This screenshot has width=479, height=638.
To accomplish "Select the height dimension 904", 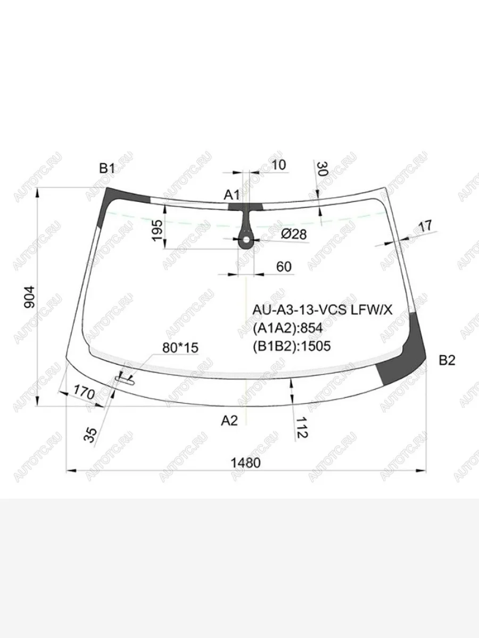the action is pyautogui.click(x=29, y=297).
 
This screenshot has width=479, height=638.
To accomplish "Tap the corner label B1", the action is pyautogui.click(x=108, y=169).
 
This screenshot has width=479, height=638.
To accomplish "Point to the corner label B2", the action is pyautogui.click(x=447, y=360).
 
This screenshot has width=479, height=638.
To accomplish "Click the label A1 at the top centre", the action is pyautogui.click(x=232, y=195).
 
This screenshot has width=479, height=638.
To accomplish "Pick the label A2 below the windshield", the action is pyautogui.click(x=229, y=421).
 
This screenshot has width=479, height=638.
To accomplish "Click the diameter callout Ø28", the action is pyautogui.click(x=294, y=234).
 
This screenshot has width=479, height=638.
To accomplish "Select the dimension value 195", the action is pyautogui.click(x=158, y=231).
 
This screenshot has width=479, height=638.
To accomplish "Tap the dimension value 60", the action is pyautogui.click(x=284, y=266).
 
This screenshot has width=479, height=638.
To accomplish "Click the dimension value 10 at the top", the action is pyautogui.click(x=278, y=165).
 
